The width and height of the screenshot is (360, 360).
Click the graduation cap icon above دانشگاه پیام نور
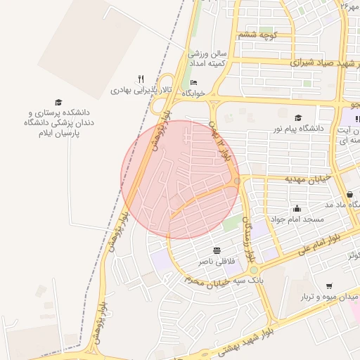[x=298, y=118]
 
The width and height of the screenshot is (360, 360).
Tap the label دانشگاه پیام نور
[x=302, y=129]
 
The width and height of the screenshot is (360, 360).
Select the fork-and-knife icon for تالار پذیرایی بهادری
[x=141, y=79]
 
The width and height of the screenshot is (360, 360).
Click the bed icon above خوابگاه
[x=184, y=84]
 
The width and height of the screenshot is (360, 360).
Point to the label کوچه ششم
[x=259, y=34]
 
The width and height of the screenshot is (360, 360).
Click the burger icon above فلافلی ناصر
[x=217, y=250]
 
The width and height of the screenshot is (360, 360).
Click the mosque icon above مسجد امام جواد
[x=297, y=208]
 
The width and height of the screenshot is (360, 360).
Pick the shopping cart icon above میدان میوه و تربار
[x=328, y=285]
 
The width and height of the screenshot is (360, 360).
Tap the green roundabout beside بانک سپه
[x=253, y=269]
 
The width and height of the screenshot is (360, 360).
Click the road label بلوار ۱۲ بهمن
[x=219, y=143]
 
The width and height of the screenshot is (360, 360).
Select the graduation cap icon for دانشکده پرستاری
[x=58, y=103]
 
